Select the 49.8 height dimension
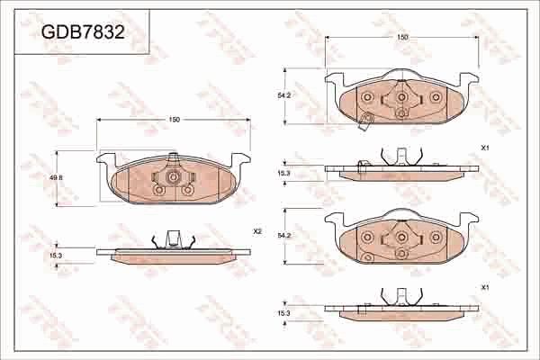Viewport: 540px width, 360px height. coord(56,177)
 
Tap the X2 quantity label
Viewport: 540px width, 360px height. coord(256,231)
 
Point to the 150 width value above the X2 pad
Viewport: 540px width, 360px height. coord(174,120)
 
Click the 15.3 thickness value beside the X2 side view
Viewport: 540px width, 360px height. coord(56,256)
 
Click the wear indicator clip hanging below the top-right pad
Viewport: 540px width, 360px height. coord(364,123)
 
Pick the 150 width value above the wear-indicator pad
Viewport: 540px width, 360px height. coord(402,37)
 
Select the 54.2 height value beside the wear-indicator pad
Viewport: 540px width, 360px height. coord(284,95)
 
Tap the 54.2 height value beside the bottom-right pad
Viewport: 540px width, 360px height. coord(284,236)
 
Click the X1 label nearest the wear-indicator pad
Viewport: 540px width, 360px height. coord(484,147)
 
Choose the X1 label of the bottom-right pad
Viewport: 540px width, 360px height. coord(484,287)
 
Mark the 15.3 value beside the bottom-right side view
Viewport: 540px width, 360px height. coord(284,312)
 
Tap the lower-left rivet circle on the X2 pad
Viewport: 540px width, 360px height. coord(159,190)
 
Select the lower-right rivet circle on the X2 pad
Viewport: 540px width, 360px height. coord(187,190)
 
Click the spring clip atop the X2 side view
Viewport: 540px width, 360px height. coord(174,240)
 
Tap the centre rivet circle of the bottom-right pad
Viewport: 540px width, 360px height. coord(400,238)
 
